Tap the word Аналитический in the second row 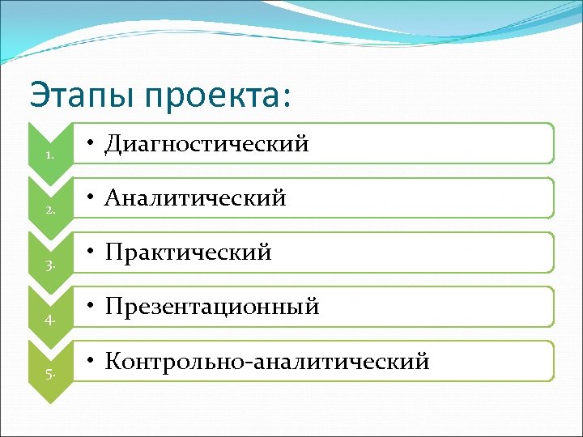click(x=197, y=198)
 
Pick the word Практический click(x=189, y=252)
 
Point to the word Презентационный click(x=213, y=308)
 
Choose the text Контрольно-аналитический click(x=268, y=362)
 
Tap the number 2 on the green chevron click(x=50, y=210)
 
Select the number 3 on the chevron click(x=50, y=265)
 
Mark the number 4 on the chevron click(x=50, y=319)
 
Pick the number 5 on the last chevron click(x=50, y=373)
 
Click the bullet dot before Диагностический click(x=94, y=144)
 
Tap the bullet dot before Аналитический click(x=94, y=198)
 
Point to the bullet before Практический click(x=94, y=252)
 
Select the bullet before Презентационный click(x=94, y=308)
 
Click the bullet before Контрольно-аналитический click(x=94, y=362)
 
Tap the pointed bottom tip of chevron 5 click(x=50, y=401)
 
